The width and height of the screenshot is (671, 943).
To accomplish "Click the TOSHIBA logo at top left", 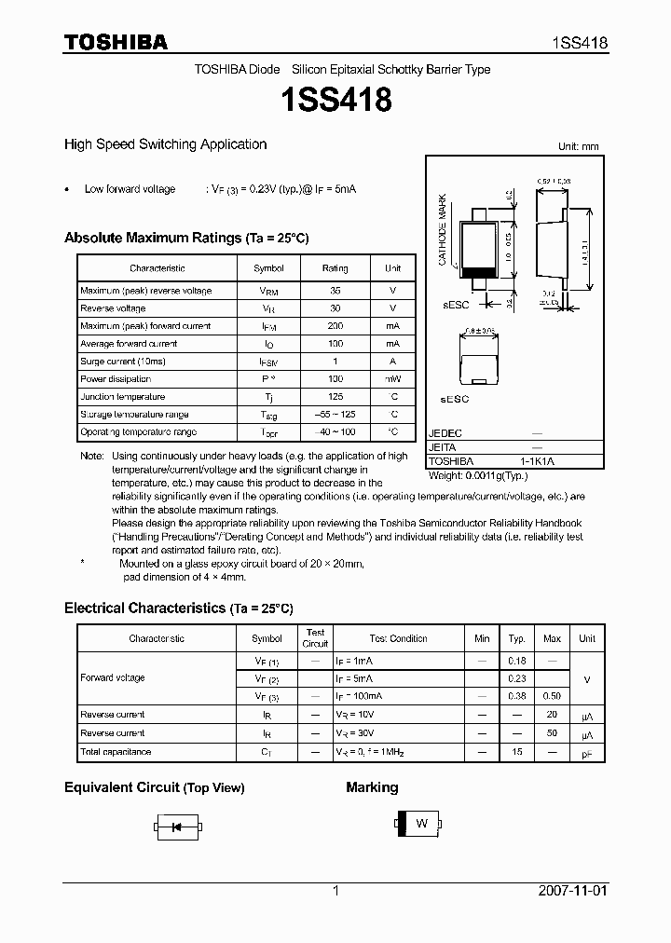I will (116, 43).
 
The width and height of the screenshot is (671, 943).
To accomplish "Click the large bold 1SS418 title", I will (335, 99).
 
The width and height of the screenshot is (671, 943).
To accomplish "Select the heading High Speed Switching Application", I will (165, 144).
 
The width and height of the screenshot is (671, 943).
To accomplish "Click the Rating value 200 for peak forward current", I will (335, 326).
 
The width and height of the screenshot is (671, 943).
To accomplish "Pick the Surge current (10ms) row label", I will (123, 362).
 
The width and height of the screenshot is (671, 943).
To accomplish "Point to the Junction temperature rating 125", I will (335, 397).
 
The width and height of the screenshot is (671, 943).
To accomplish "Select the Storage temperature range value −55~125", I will (335, 415).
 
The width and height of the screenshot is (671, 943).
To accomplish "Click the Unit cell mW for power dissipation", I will (393, 379).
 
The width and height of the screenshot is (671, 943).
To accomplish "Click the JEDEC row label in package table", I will (445, 434).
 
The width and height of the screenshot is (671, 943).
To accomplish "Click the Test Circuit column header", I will (315, 638).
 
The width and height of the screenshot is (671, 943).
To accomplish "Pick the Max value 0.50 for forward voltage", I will (552, 696).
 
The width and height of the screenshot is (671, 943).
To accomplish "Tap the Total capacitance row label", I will (116, 752).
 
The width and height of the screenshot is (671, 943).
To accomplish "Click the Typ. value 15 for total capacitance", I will (516, 752).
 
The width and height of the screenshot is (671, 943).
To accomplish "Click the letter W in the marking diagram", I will (421, 824).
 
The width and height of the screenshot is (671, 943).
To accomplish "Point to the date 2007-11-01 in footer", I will (572, 891).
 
